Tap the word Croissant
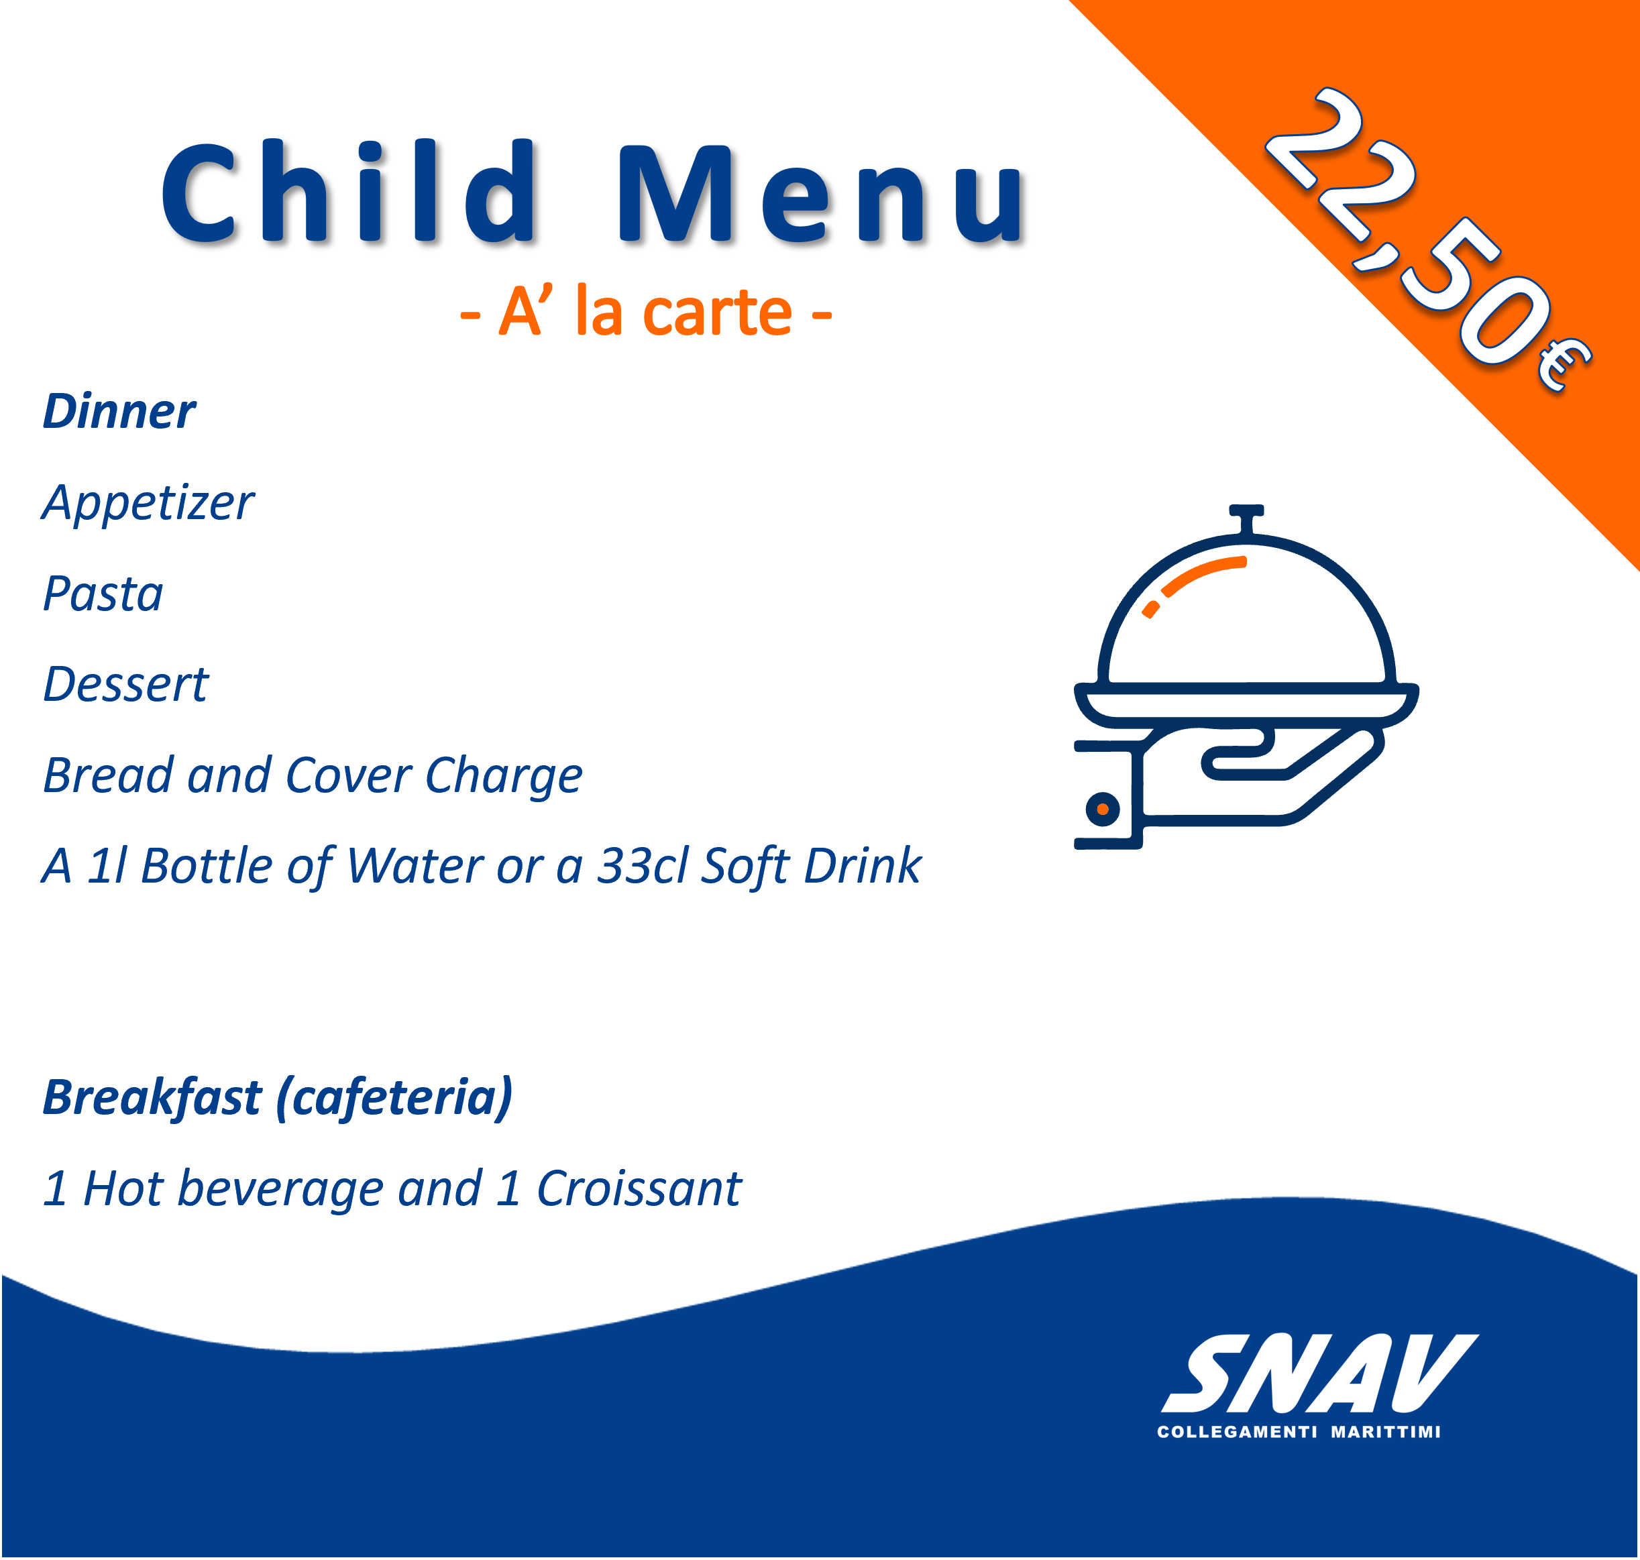tap(639, 1188)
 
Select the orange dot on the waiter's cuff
tap(1103, 809)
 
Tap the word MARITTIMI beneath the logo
tap(1386, 1433)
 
